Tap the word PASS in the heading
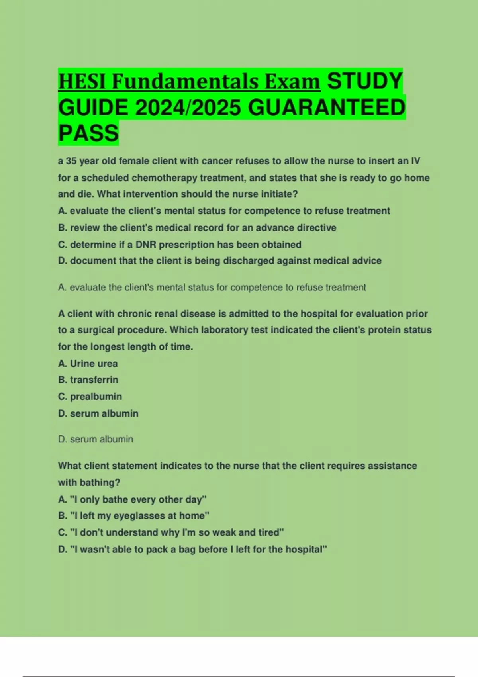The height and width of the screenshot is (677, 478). tap(88, 133)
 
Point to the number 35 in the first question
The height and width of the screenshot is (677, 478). tap(71, 161)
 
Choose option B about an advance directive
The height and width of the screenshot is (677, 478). tap(197, 228)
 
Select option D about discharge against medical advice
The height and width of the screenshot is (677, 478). tap(219, 261)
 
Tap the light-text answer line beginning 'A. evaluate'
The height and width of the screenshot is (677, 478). tap(212, 288)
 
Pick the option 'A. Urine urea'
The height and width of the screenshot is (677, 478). tap(88, 364)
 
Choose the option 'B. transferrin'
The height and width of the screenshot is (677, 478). tap(88, 380)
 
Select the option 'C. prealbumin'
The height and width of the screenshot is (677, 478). tap(90, 397)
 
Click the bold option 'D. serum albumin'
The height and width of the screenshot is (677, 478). tap(98, 413)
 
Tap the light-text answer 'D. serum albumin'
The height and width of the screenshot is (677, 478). tap(96, 439)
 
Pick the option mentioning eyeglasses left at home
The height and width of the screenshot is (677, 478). tap(133, 516)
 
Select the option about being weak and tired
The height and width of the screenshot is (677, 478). tap(171, 532)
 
